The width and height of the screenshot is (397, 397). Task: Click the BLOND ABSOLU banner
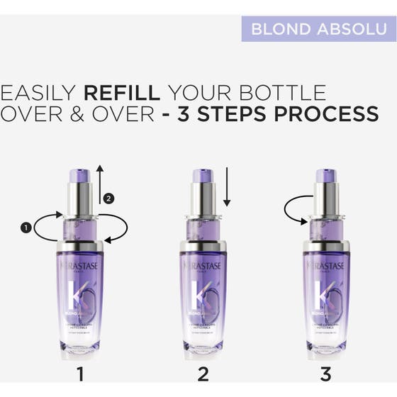(318, 29)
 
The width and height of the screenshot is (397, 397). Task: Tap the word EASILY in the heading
(39, 93)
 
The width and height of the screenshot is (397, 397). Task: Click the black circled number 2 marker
(108, 198)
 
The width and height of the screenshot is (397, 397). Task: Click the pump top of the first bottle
(80, 176)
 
